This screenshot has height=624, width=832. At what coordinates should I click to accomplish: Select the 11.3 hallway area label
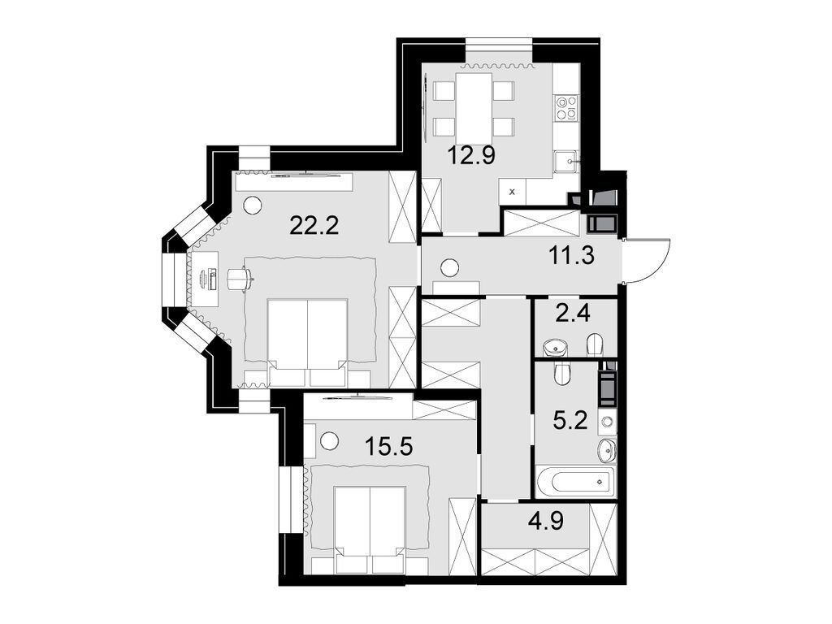[x=574, y=257]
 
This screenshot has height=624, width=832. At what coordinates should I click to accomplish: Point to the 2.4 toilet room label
[x=574, y=313]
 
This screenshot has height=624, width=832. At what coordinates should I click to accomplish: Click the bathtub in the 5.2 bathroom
[x=575, y=482]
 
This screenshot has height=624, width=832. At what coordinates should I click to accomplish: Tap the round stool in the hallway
[x=449, y=266]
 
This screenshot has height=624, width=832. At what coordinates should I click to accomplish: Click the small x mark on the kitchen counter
[x=511, y=193]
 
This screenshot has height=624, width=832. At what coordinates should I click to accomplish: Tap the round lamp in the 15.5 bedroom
[x=329, y=441]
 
